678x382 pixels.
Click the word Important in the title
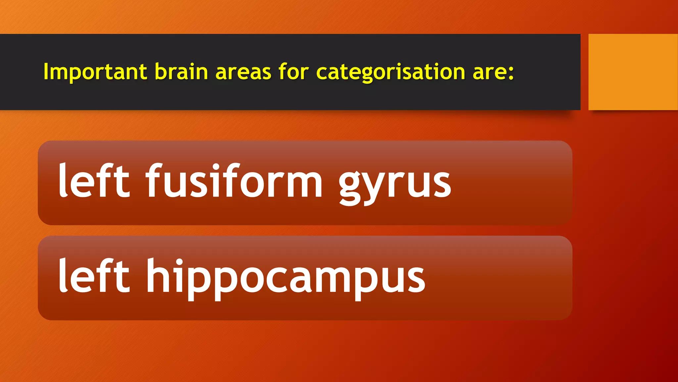click(x=95, y=72)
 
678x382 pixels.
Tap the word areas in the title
click(x=243, y=72)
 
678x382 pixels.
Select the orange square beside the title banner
click(x=633, y=72)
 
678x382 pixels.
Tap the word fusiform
click(x=234, y=181)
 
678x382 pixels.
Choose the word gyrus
click(x=395, y=184)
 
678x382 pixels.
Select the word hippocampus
click(x=286, y=279)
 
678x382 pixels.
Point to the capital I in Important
click(x=46, y=71)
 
